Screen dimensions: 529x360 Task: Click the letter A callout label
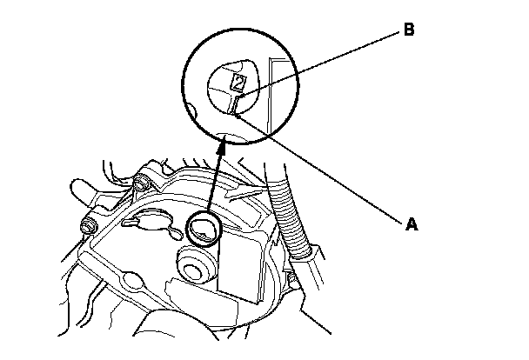(412, 223)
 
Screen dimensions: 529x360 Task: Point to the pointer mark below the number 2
(236, 105)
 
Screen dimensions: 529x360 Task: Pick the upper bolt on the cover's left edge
(140, 185)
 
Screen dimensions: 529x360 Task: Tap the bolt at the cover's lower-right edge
(293, 280)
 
